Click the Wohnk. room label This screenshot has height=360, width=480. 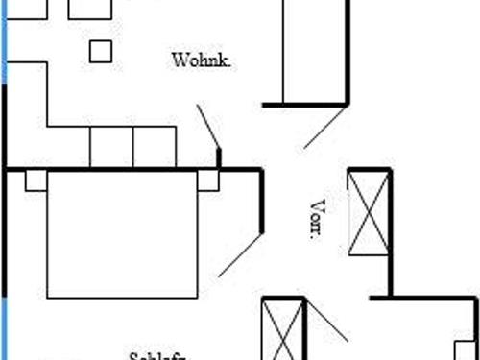pyautogui.click(x=203, y=60)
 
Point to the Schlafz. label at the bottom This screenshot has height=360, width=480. pyautogui.click(x=156, y=356)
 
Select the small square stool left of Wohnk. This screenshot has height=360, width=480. pyautogui.click(x=101, y=51)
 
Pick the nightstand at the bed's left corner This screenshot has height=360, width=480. pyautogui.click(x=36, y=180)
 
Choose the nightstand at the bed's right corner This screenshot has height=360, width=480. pyautogui.click(x=207, y=180)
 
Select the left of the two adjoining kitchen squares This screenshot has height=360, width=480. pyautogui.click(x=111, y=147)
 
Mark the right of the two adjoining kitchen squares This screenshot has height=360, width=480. pyautogui.click(x=154, y=147)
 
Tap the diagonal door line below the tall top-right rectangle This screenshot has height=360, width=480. pyautogui.click(x=325, y=127)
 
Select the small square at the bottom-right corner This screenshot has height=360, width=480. pyautogui.click(x=466, y=349)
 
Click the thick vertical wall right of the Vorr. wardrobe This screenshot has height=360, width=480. pyautogui.click(x=390, y=230)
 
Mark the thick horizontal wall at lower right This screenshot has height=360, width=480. pyautogui.click(x=422, y=298)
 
